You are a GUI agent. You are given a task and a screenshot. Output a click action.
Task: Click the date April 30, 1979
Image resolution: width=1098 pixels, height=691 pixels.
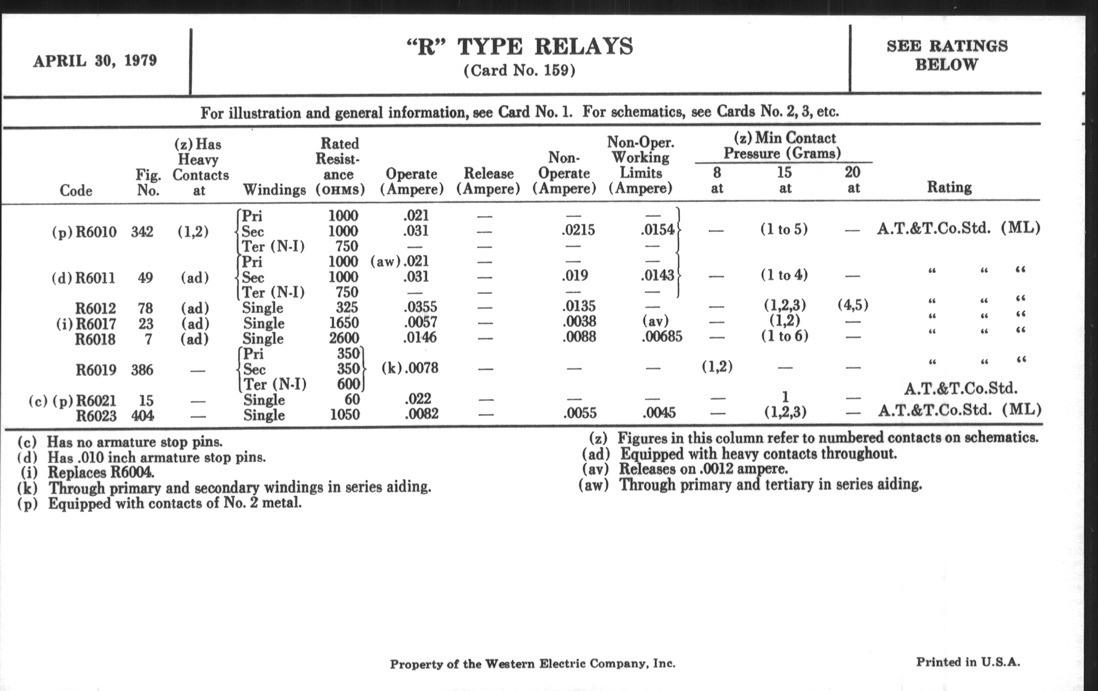coord(95,61)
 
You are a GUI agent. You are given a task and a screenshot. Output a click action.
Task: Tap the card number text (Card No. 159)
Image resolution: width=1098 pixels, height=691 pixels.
coord(519,71)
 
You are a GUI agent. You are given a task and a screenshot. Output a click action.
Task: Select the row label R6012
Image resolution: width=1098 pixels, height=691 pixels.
coord(95,308)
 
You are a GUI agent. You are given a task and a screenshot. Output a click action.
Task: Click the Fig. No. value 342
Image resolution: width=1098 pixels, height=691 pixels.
coord(142,232)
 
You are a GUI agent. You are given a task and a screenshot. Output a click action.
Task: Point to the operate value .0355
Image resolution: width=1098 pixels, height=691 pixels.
coord(420,307)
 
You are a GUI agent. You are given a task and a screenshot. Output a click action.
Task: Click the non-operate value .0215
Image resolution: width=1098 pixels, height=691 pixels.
coord(578,230)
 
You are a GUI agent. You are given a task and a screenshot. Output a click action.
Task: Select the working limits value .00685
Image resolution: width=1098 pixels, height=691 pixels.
coord(661,337)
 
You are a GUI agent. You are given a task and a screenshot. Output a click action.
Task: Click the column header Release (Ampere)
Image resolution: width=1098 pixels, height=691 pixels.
coord(489,181)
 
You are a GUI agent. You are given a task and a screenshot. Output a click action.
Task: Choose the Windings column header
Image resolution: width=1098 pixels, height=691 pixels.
coord(274,190)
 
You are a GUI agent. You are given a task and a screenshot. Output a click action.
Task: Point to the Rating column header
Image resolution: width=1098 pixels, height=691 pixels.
coord(949,187)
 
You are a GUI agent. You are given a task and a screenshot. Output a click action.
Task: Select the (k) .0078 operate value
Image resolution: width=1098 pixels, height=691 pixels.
coord(409,368)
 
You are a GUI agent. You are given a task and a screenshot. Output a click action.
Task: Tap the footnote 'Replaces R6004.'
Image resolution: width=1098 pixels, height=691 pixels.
coord(101,472)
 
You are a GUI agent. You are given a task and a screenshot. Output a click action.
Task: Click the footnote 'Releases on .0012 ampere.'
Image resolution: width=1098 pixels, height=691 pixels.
coord(703,469)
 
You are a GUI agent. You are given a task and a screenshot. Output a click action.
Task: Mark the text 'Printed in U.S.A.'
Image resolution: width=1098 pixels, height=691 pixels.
coord(968,662)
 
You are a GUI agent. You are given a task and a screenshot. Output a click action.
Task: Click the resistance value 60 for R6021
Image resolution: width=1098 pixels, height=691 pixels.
coord(352,400)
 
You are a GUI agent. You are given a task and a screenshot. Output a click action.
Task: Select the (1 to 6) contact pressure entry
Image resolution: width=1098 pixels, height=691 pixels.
coord(784,336)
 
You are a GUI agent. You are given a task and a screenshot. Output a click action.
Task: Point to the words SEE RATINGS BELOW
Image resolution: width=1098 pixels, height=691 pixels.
coord(947,55)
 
